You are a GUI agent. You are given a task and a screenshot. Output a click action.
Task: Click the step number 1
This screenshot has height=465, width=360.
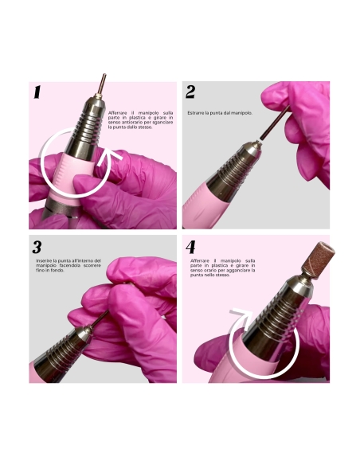tap(37, 93)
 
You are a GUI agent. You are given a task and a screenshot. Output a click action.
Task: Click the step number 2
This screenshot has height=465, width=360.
tap(191, 93)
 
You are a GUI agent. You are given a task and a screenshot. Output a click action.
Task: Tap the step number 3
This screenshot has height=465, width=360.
tap(37, 248)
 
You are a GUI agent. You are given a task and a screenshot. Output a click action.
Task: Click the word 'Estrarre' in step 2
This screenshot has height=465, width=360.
tap(197, 113)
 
